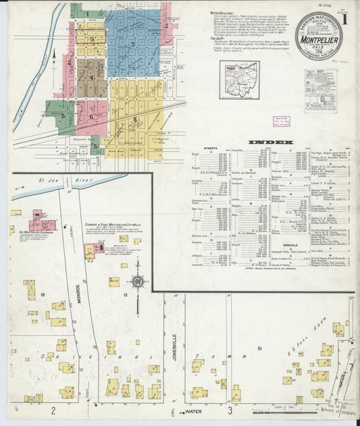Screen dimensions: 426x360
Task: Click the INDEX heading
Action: [x=270, y=142]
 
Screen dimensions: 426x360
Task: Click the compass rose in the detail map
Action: [x=138, y=282]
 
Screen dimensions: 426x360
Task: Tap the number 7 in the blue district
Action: [x=133, y=45]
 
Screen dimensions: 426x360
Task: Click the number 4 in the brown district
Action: [x=91, y=77]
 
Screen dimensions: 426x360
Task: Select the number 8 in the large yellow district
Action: [x=135, y=119]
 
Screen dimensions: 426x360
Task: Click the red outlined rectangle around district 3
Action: [x=91, y=38]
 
